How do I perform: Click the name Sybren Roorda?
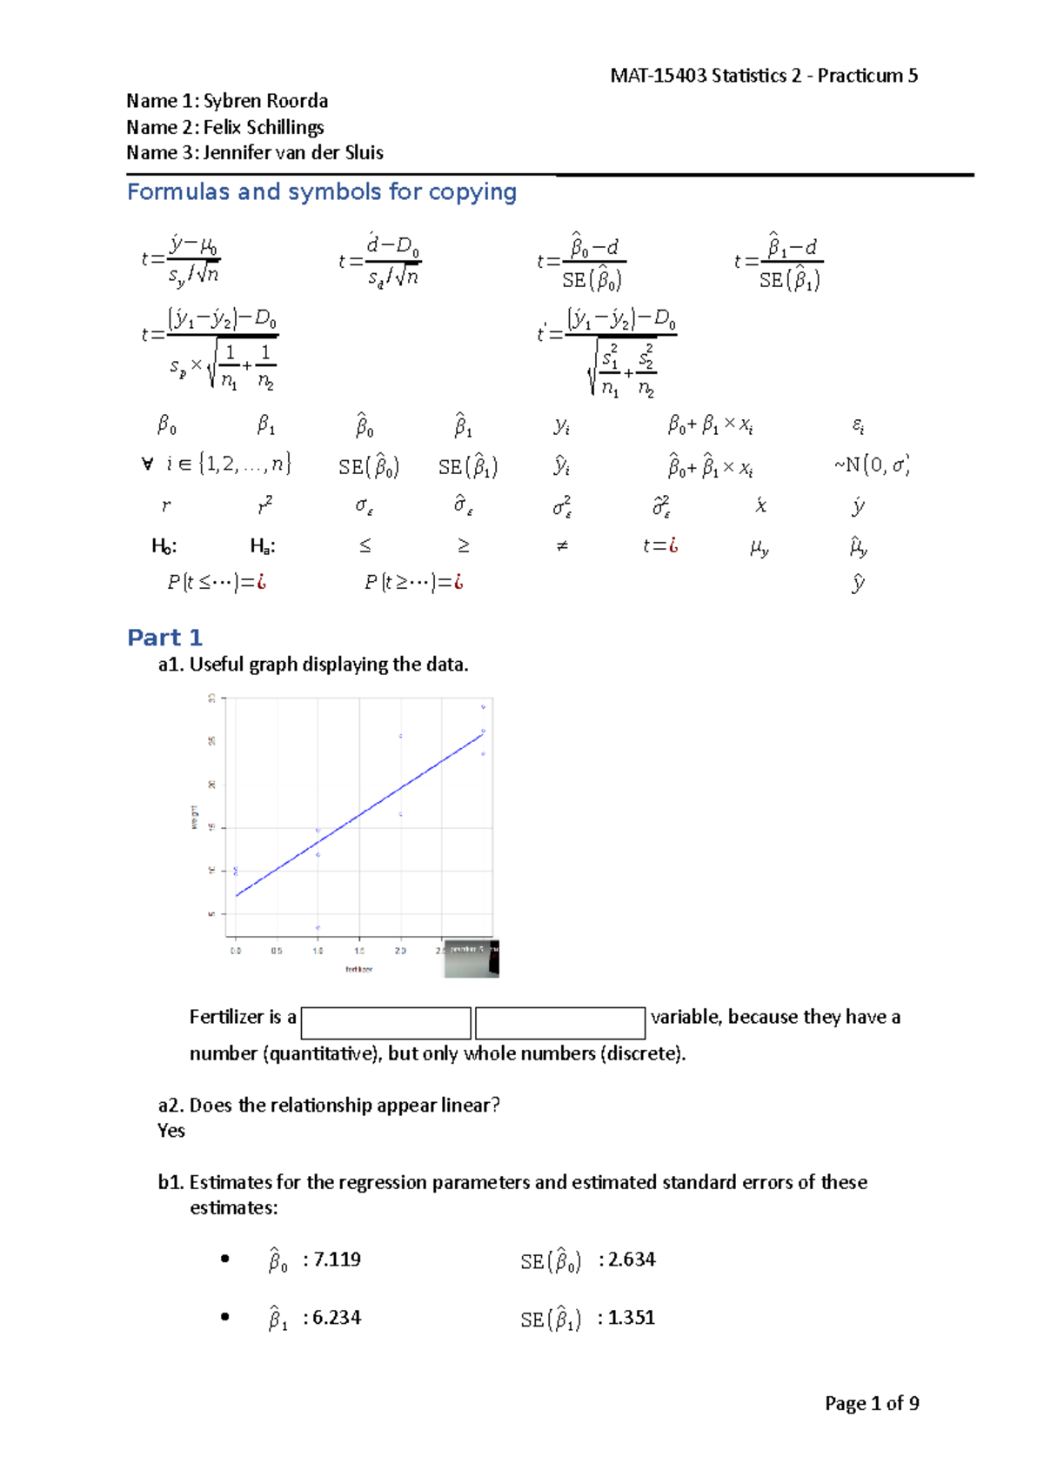[x=265, y=101]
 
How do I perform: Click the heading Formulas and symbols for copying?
[x=322, y=192]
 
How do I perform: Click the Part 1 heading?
[x=164, y=638]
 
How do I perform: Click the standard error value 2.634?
[x=632, y=1260]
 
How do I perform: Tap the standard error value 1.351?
[x=631, y=1318]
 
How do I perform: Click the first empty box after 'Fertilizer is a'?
[x=385, y=1023]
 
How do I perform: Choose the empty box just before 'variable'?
[x=560, y=1023]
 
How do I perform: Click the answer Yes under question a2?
[x=171, y=1131]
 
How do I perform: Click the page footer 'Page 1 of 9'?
[x=872, y=1403]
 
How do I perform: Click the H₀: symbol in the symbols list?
[x=164, y=546]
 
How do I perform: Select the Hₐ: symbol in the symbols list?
[x=263, y=546]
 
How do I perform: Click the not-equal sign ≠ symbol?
[x=562, y=546]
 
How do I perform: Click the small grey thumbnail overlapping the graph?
[x=472, y=959]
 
